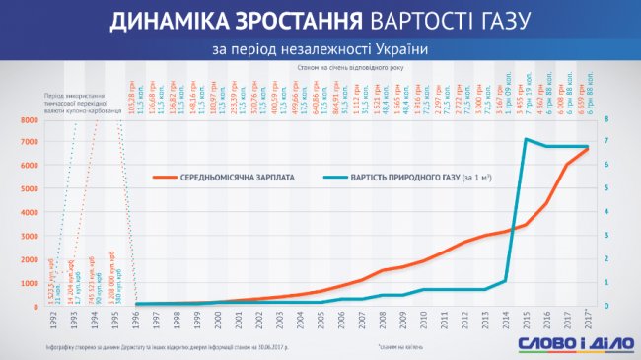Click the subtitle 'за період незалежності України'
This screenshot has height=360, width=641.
click(320, 48)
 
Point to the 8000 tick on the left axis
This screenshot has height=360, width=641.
click(27, 119)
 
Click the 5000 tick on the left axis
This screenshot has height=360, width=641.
click(27, 189)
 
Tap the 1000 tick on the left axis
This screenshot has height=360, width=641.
click(27, 283)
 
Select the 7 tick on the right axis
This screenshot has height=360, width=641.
click(606, 143)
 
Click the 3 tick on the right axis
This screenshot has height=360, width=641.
click(606, 237)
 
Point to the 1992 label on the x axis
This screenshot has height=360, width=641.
click(51, 321)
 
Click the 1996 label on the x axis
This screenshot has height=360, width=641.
click(135, 321)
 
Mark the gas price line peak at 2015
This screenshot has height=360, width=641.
click(527, 139)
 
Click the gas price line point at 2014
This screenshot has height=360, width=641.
click(506, 281)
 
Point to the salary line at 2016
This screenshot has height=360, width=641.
click(547, 204)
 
